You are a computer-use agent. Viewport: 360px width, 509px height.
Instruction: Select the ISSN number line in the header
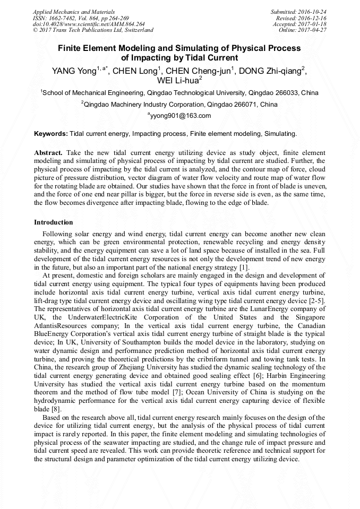tap(77, 18)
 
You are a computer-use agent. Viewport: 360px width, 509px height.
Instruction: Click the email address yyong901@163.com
tap(181, 116)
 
